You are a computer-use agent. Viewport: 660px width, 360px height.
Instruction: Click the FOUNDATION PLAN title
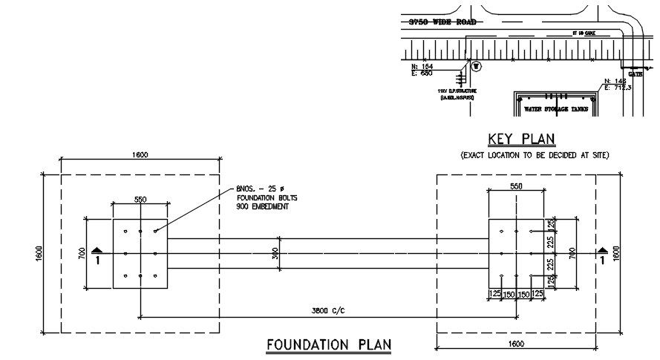pyautogui.click(x=329, y=344)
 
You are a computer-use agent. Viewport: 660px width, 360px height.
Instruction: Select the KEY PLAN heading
pyautogui.click(x=521, y=139)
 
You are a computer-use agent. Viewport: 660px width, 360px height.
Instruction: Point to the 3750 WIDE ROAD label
pyautogui.click(x=442, y=23)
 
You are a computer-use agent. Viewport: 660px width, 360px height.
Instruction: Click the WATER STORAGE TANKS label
pyautogui.click(x=556, y=109)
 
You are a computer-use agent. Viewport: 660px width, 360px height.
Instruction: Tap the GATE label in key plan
pyautogui.click(x=636, y=74)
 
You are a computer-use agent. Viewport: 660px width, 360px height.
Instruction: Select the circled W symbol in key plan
pyautogui.click(x=477, y=66)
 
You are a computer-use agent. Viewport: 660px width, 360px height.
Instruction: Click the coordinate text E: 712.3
pyautogui.click(x=618, y=88)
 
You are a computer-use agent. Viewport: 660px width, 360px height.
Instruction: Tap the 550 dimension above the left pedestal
pyautogui.click(x=140, y=200)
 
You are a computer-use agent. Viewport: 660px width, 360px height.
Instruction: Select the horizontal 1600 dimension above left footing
pyautogui.click(x=140, y=155)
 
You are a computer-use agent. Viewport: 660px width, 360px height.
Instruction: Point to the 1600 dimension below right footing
pyautogui.click(x=517, y=344)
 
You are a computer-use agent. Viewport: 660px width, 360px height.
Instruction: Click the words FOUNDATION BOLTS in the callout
pyautogui.click(x=264, y=198)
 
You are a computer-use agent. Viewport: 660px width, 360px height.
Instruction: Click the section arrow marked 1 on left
pyautogui.click(x=97, y=255)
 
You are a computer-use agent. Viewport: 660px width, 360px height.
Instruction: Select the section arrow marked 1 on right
pyautogui.click(x=603, y=255)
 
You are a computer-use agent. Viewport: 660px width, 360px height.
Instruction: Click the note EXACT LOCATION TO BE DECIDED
pyautogui.click(x=535, y=155)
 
